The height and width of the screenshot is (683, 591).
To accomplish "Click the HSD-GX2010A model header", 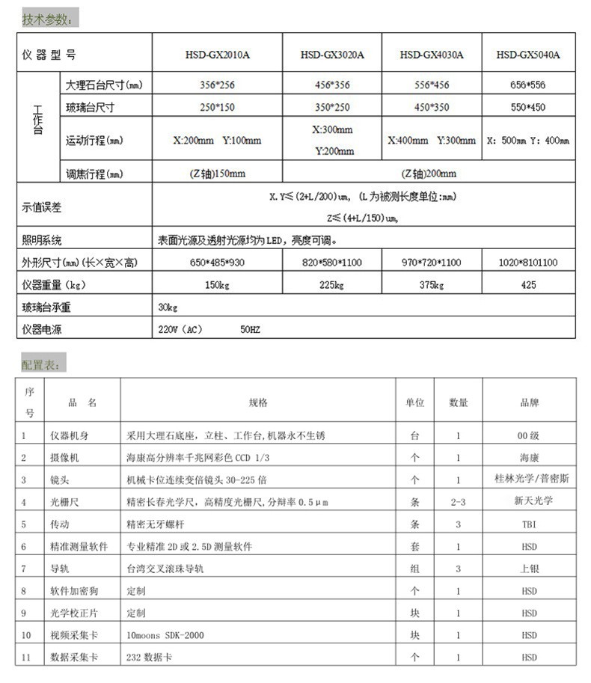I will point(218,55).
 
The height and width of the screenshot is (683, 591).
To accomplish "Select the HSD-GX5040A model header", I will point(528,55).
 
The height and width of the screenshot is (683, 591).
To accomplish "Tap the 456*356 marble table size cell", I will point(332,85).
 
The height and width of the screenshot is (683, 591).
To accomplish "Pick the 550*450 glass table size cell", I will point(528,107).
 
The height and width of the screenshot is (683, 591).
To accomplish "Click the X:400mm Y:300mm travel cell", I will point(432,140).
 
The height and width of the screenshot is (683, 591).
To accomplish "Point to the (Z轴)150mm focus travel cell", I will point(218,174).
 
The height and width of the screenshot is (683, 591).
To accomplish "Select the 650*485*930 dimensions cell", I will point(218,263).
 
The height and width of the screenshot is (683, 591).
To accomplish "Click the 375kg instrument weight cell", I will point(432,285).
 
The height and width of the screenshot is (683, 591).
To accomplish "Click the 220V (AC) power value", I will point(180,328).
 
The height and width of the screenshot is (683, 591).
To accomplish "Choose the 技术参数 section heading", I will point(47,19).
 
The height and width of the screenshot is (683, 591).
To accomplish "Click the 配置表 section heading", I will point(43,364).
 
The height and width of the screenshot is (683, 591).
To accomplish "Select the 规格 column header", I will point(258,402).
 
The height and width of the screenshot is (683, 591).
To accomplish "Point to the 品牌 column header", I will point(528,402).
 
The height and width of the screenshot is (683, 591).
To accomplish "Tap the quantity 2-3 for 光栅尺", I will point(458,502).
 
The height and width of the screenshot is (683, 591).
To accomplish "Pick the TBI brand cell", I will point(528,524).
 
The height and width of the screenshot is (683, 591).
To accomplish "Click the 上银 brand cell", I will point(528,569).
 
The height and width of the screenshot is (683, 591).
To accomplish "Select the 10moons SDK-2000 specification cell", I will point(165,635).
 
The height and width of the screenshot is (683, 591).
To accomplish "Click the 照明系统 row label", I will point(42,241).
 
